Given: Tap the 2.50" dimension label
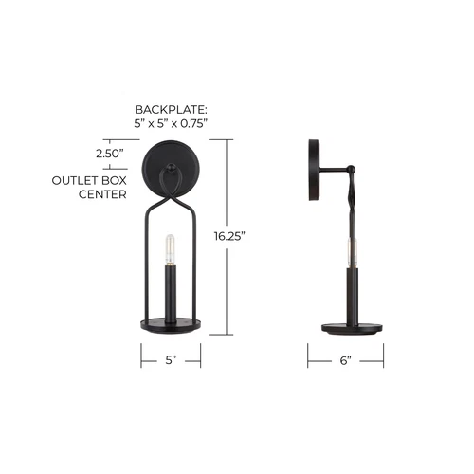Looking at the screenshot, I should point(113,152).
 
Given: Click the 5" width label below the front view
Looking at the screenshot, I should point(172,360).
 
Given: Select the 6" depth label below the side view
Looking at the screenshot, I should point(345,360).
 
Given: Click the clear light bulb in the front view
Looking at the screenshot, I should point(172,248).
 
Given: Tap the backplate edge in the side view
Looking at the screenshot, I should point(313,171).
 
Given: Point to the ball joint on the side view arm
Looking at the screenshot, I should point(352,171).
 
